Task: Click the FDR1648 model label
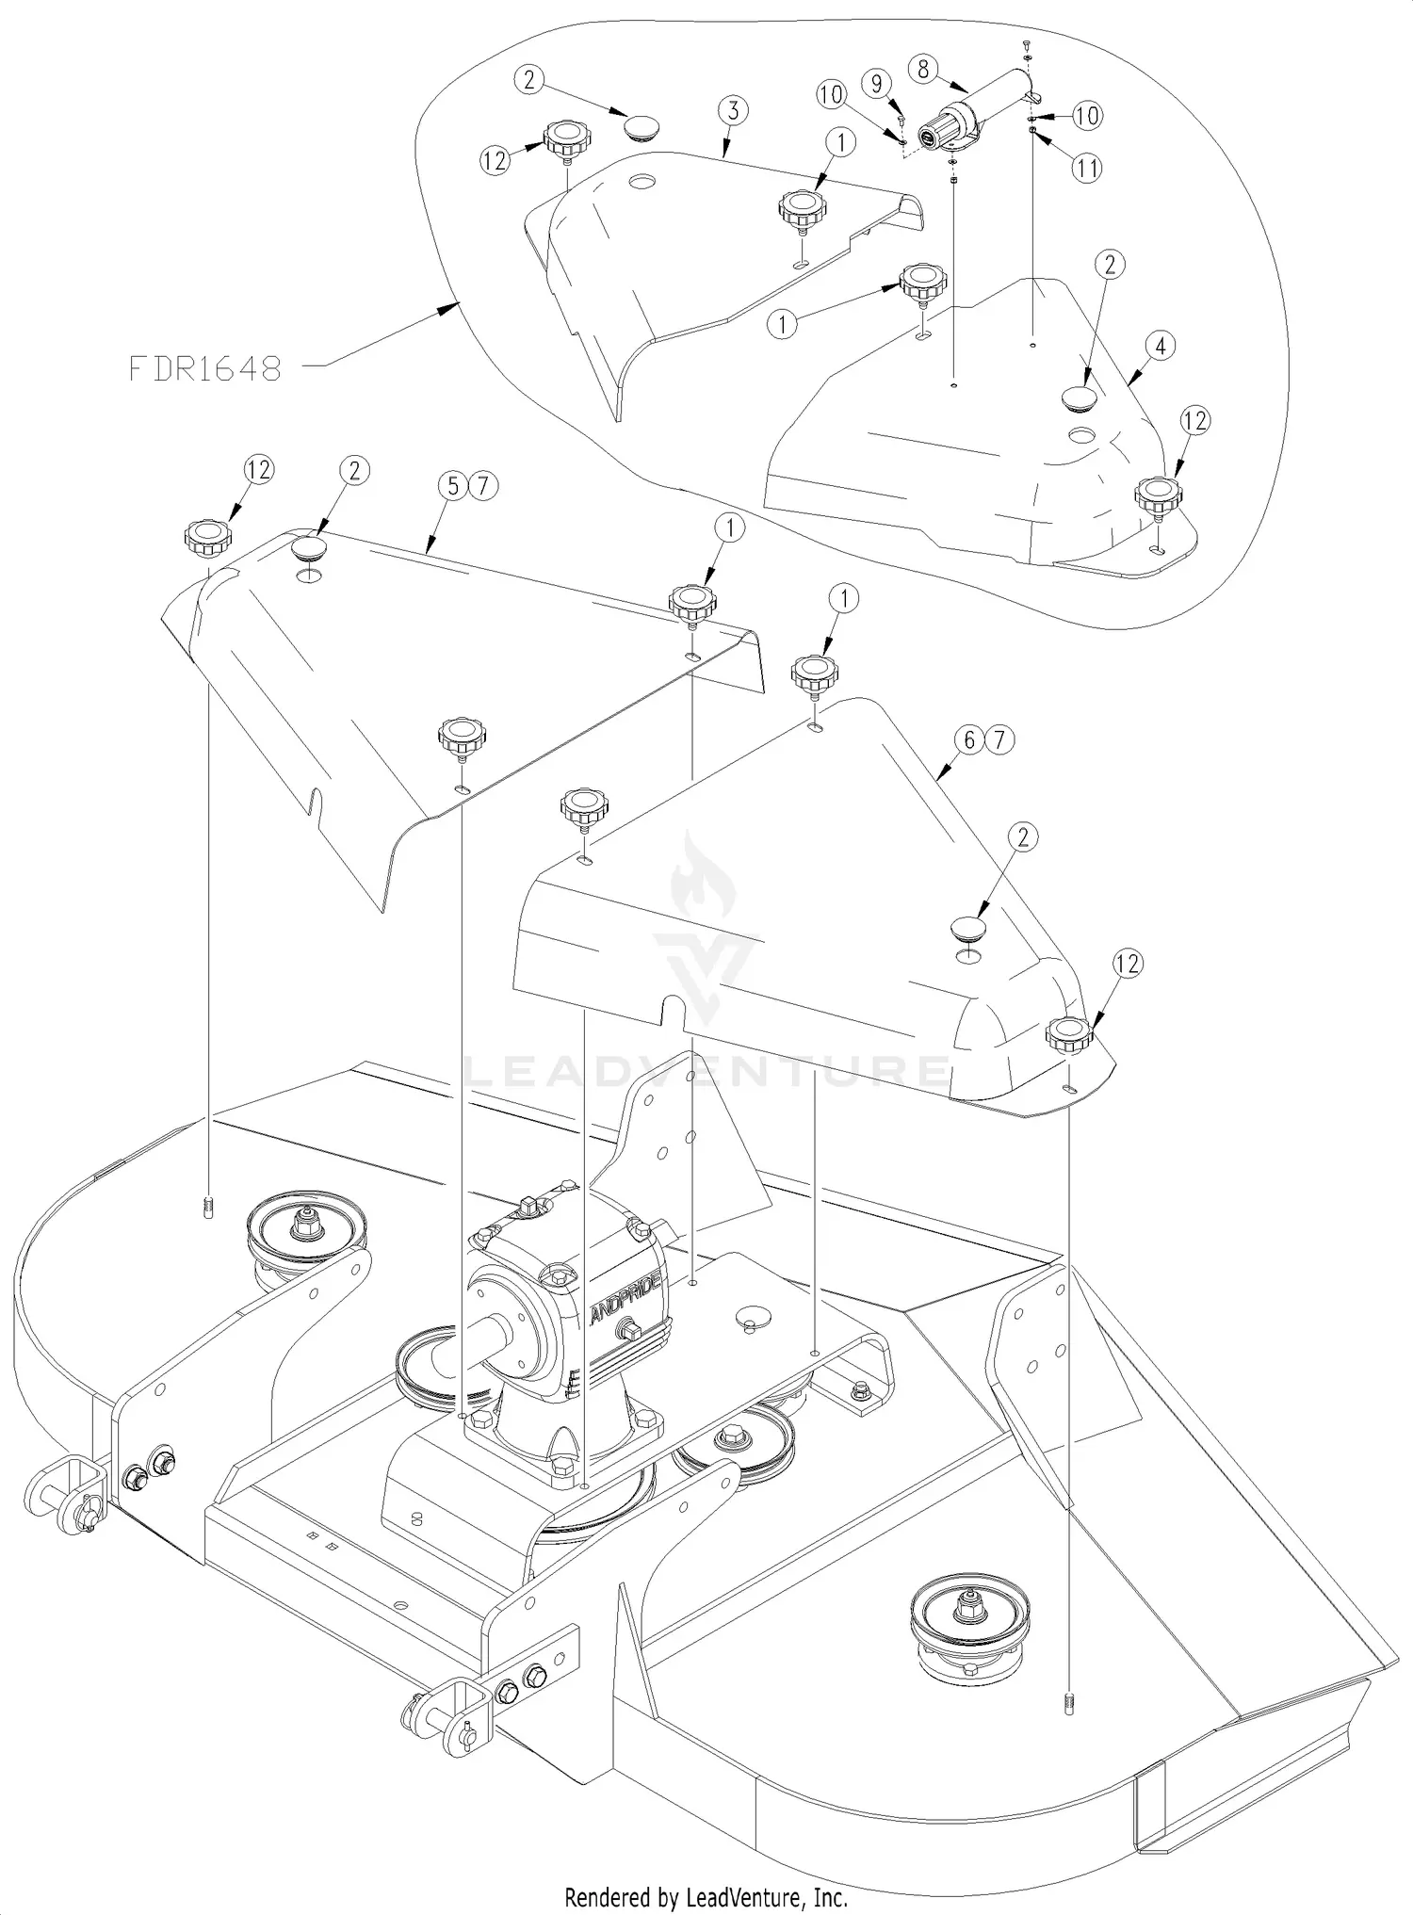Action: (x=204, y=367)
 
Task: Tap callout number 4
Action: (x=1160, y=347)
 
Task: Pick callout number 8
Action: (x=923, y=69)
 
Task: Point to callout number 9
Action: (x=877, y=84)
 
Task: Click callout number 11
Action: (x=1087, y=169)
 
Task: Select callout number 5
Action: (x=454, y=486)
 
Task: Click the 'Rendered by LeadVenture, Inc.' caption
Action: (x=706, y=1896)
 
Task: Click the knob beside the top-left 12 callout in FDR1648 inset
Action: (x=567, y=140)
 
